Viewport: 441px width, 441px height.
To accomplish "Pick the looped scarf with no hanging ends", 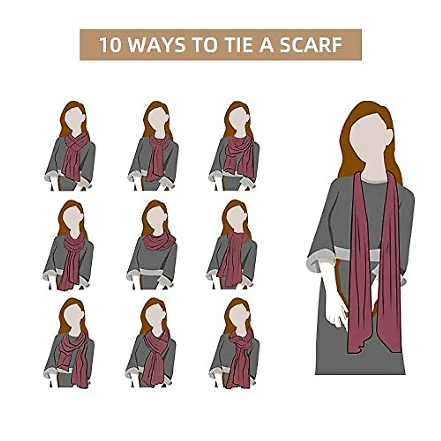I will coord(159,241).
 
